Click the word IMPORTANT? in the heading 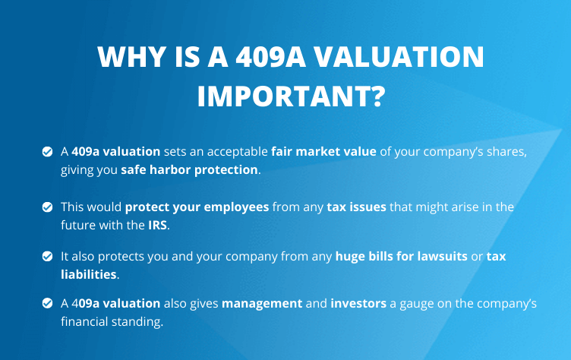point(291,96)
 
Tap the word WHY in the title point(132,56)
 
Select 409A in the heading point(270,56)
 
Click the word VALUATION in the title point(399,56)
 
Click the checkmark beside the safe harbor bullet point(47,151)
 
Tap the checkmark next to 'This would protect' point(47,207)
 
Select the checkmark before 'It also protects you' point(47,256)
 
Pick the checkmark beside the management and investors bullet point(47,303)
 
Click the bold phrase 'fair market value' point(323,151)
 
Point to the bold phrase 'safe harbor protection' point(189,170)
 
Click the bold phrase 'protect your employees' point(197,207)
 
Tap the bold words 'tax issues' point(357,207)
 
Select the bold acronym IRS point(157,225)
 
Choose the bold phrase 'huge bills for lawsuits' point(402,256)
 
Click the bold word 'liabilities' point(89,274)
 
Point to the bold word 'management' point(262,304)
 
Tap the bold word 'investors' point(358,303)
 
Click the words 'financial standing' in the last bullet point(111,322)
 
